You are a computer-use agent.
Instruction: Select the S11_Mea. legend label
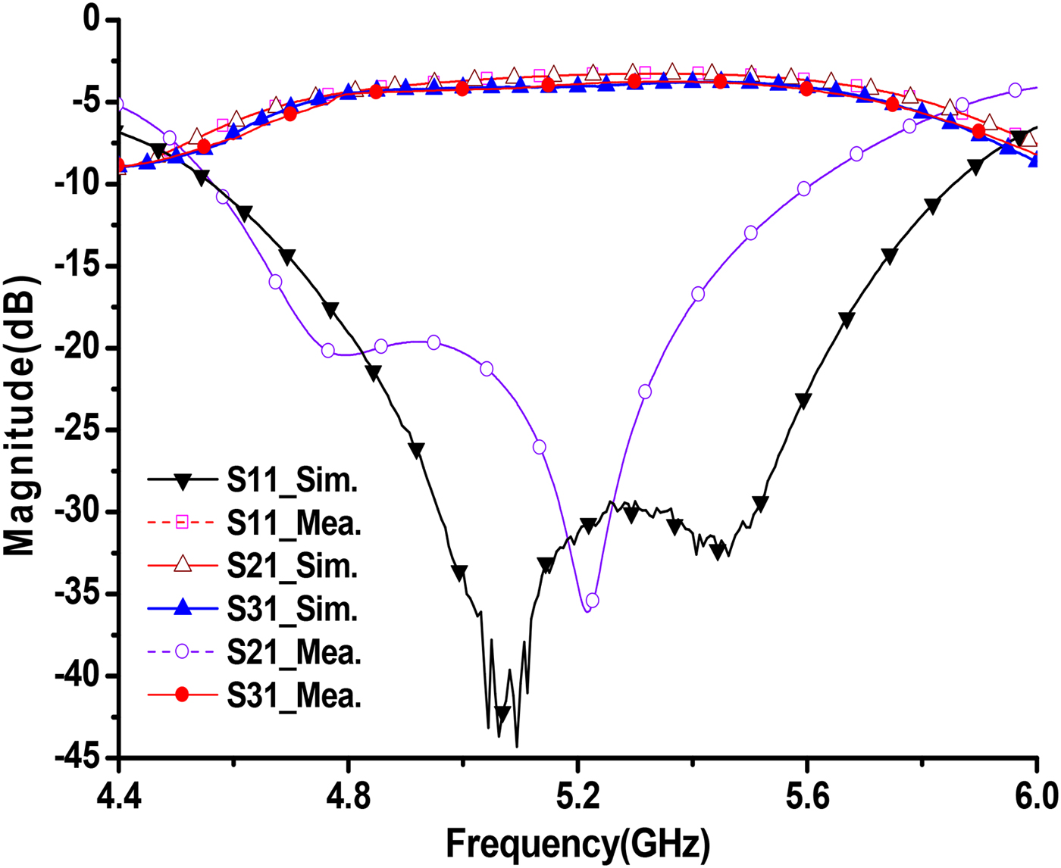coord(294,523)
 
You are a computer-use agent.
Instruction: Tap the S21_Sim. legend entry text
coord(292,566)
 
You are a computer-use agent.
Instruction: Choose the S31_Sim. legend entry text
coord(292,609)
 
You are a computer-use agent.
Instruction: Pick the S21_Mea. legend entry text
coord(294,652)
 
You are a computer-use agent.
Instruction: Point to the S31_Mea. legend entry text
coord(294,695)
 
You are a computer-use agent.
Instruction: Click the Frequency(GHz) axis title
coord(577,843)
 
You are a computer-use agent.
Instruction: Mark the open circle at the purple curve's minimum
coord(592,601)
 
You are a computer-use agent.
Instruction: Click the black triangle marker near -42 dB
coord(502,713)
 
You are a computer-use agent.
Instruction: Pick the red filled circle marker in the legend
coord(182,695)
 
